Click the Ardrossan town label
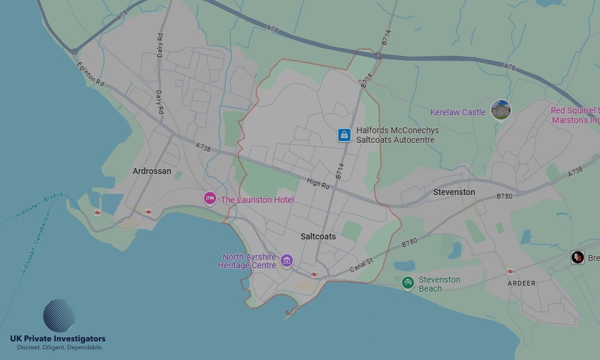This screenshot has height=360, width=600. point(152,171)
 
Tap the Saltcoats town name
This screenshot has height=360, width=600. point(318,236)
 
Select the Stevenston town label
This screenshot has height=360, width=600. point(454,192)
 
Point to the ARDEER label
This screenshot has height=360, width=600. point(521,283)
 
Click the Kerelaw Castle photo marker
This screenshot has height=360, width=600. point(500,110)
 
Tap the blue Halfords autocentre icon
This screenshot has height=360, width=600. point(343,135)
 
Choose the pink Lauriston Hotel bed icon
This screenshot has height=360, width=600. point(209,198)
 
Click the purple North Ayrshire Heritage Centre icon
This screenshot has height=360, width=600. point(287,260)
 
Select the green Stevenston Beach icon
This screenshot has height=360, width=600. point(408,282)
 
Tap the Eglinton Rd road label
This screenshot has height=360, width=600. point(91,77)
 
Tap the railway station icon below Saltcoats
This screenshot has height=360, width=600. point(314,274)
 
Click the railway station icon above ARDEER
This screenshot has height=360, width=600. point(510,271)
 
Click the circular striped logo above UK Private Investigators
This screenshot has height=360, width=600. point(59,316)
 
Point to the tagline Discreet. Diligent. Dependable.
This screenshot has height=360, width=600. point(59,347)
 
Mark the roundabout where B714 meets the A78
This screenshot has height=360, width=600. point(378,56)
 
